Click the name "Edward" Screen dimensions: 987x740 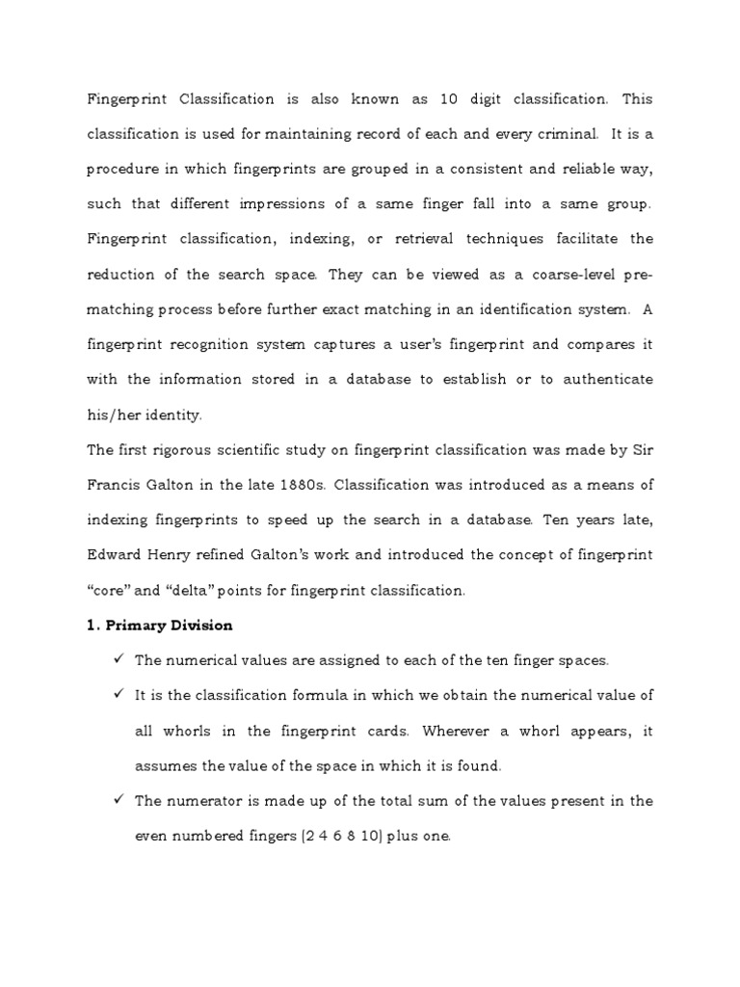(x=117, y=554)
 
